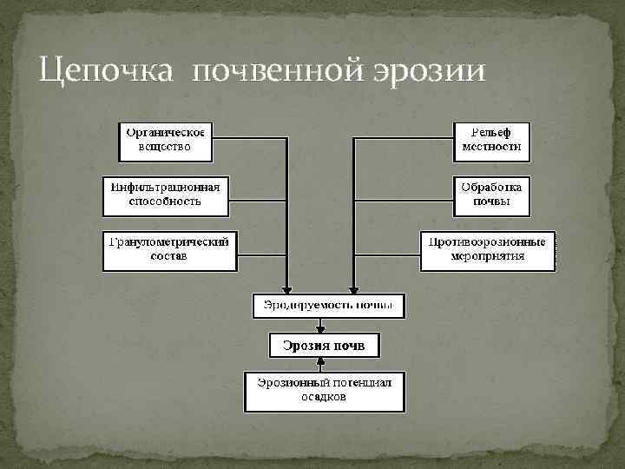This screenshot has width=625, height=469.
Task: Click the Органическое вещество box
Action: pyautogui.click(x=166, y=141)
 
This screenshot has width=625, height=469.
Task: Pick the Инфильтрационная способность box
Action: pyautogui.click(x=166, y=195)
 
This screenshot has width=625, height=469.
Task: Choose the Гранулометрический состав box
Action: pyautogui.click(x=169, y=250)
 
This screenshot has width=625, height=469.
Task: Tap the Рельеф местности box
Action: pyautogui.click(x=492, y=141)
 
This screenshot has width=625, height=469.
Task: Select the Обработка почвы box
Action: pyautogui.click(x=492, y=195)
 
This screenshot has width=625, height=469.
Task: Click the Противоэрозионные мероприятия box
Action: pyautogui.click(x=487, y=250)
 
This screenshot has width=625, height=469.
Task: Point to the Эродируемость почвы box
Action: pyautogui.click(x=328, y=306)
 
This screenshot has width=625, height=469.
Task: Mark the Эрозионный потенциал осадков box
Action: pyautogui.click(x=325, y=392)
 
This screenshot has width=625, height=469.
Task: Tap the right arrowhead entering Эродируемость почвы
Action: pyautogui.click(x=352, y=290)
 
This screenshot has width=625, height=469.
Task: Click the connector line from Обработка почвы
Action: pyautogui.click(x=404, y=194)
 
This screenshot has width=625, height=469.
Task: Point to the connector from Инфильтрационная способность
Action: pyautogui.click(x=257, y=194)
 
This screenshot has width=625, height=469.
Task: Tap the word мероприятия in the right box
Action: pyautogui.click(x=487, y=257)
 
